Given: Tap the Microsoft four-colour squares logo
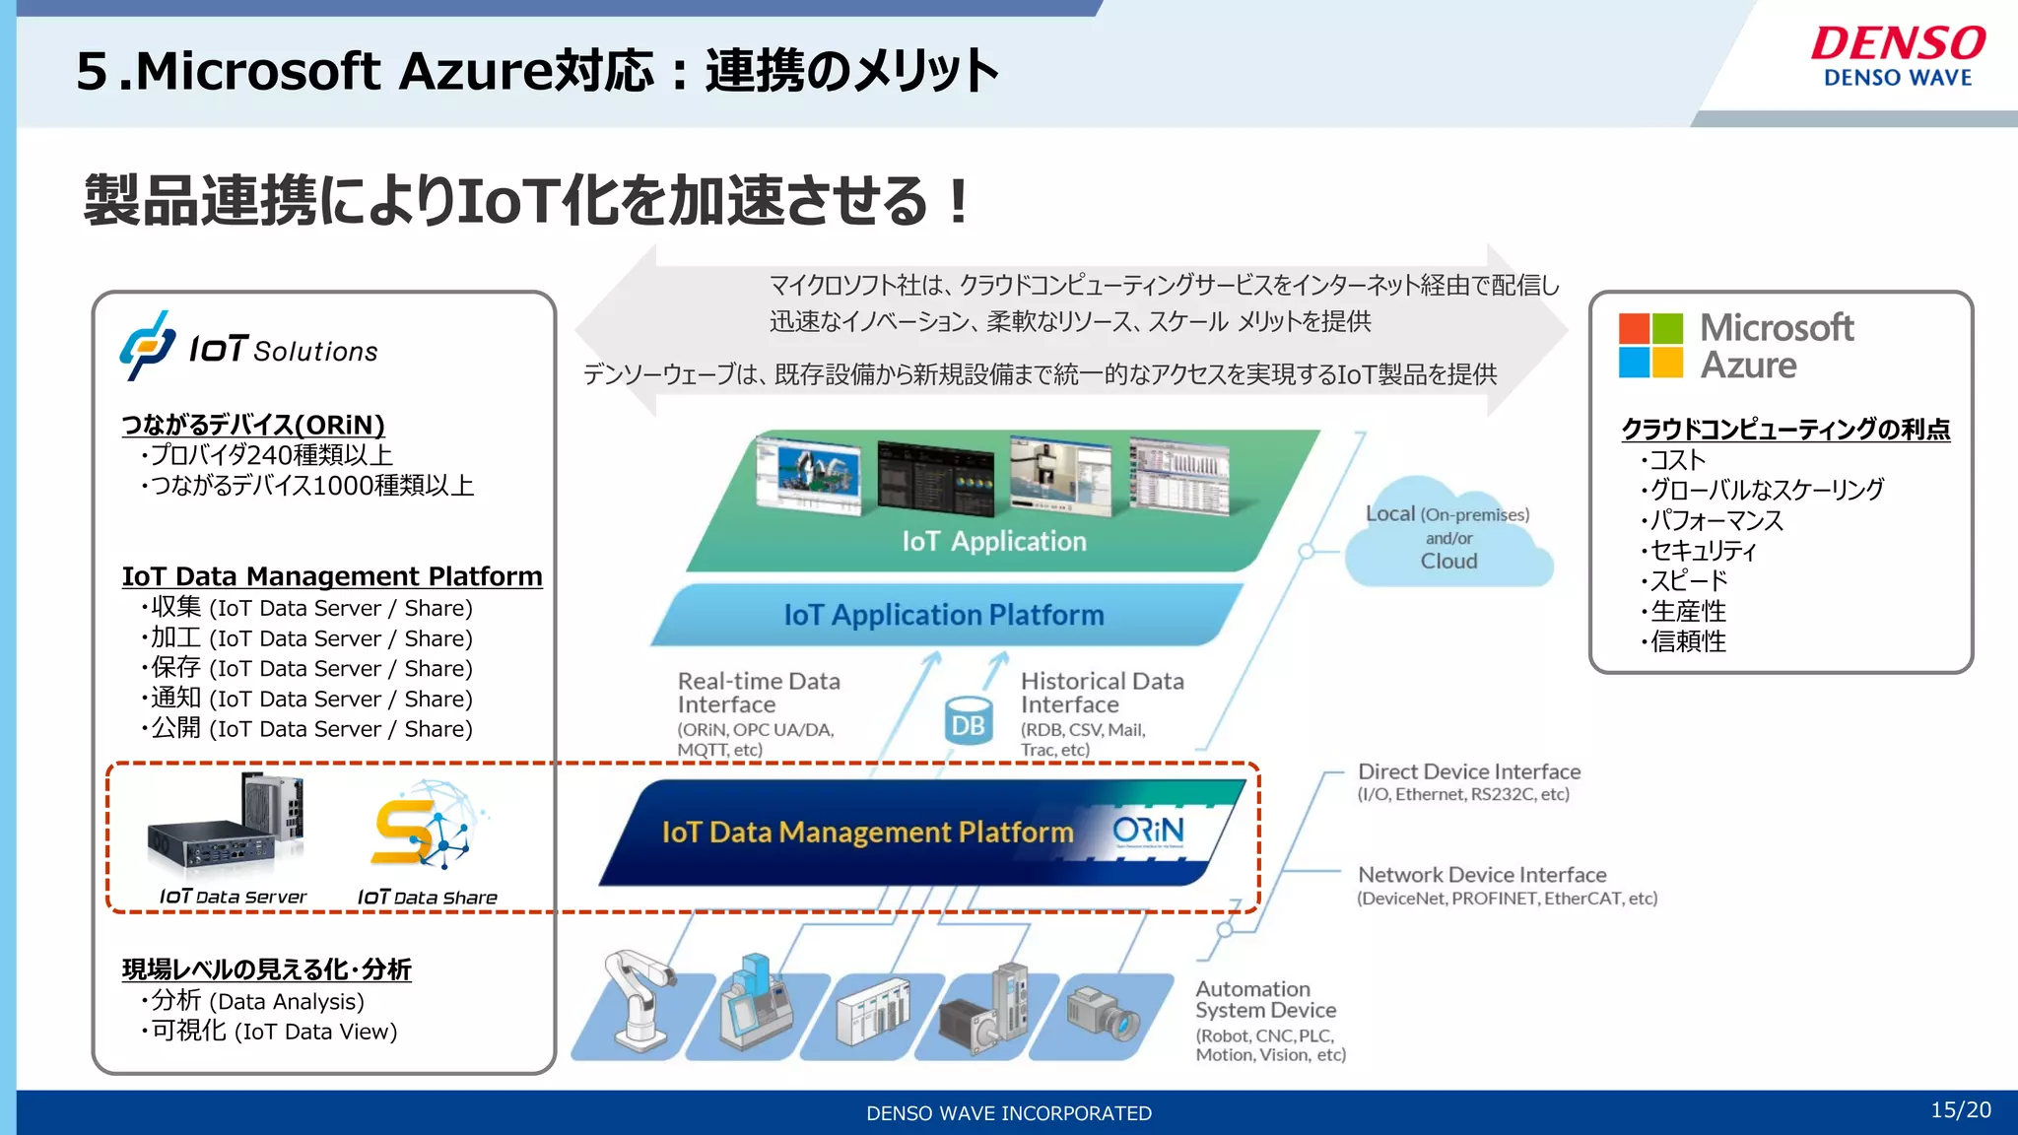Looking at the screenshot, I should (1650, 346).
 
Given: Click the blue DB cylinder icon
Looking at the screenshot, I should (968, 720).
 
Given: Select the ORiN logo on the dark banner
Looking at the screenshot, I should (1148, 832).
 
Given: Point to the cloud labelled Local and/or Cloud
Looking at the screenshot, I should (1447, 537).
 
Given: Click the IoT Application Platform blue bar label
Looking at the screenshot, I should (943, 615).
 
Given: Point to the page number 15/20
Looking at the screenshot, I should (1960, 1110).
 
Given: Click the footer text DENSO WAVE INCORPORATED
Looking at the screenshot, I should (1008, 1113).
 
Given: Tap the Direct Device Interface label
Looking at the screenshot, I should (1468, 772).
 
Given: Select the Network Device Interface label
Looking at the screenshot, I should (1481, 875).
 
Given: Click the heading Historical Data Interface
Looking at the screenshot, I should (1101, 693).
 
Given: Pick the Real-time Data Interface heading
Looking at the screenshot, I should (758, 693).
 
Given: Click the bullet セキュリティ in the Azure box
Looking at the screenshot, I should (1703, 550).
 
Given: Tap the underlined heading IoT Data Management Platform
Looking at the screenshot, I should (332, 576).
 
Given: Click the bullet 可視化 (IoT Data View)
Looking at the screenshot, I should (273, 1032).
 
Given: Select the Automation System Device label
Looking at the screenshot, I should (1265, 999).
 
